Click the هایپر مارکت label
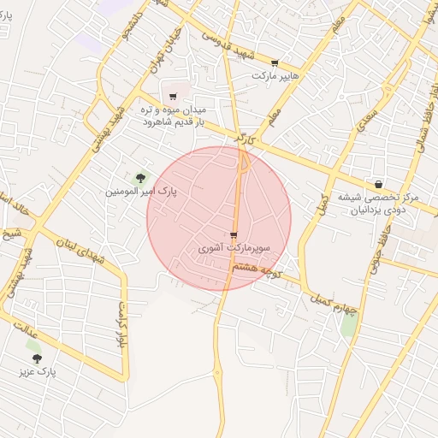point(274,76)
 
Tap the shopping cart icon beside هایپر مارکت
point(274,63)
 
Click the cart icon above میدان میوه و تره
point(174,96)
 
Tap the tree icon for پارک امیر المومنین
point(139,176)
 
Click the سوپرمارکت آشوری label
point(234,248)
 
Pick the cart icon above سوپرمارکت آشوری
point(234,235)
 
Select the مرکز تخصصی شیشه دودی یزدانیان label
point(378,203)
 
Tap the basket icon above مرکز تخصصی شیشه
point(378,183)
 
